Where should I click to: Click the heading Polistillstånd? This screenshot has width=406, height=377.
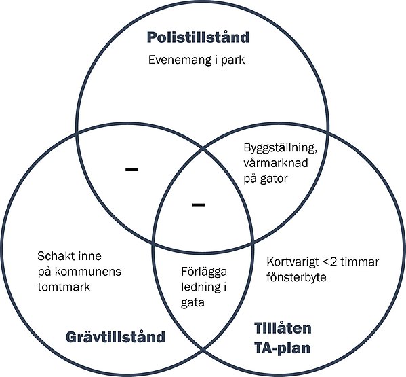[198, 37]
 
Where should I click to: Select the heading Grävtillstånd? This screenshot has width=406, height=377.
[115, 336]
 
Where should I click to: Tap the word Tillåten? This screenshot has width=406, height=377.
[283, 328]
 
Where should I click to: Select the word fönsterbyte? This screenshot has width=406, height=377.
[297, 277]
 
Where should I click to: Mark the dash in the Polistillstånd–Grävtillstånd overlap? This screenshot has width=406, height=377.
[132, 169]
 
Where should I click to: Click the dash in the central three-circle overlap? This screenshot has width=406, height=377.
[199, 204]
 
